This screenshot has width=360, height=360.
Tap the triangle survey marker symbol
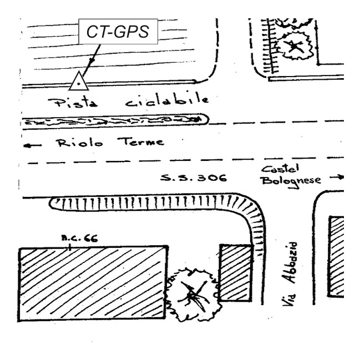[79, 82]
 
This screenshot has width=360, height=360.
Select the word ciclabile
[167, 101]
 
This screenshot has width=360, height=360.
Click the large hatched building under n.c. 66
[93, 283]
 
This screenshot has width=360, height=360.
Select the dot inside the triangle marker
[79, 84]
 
